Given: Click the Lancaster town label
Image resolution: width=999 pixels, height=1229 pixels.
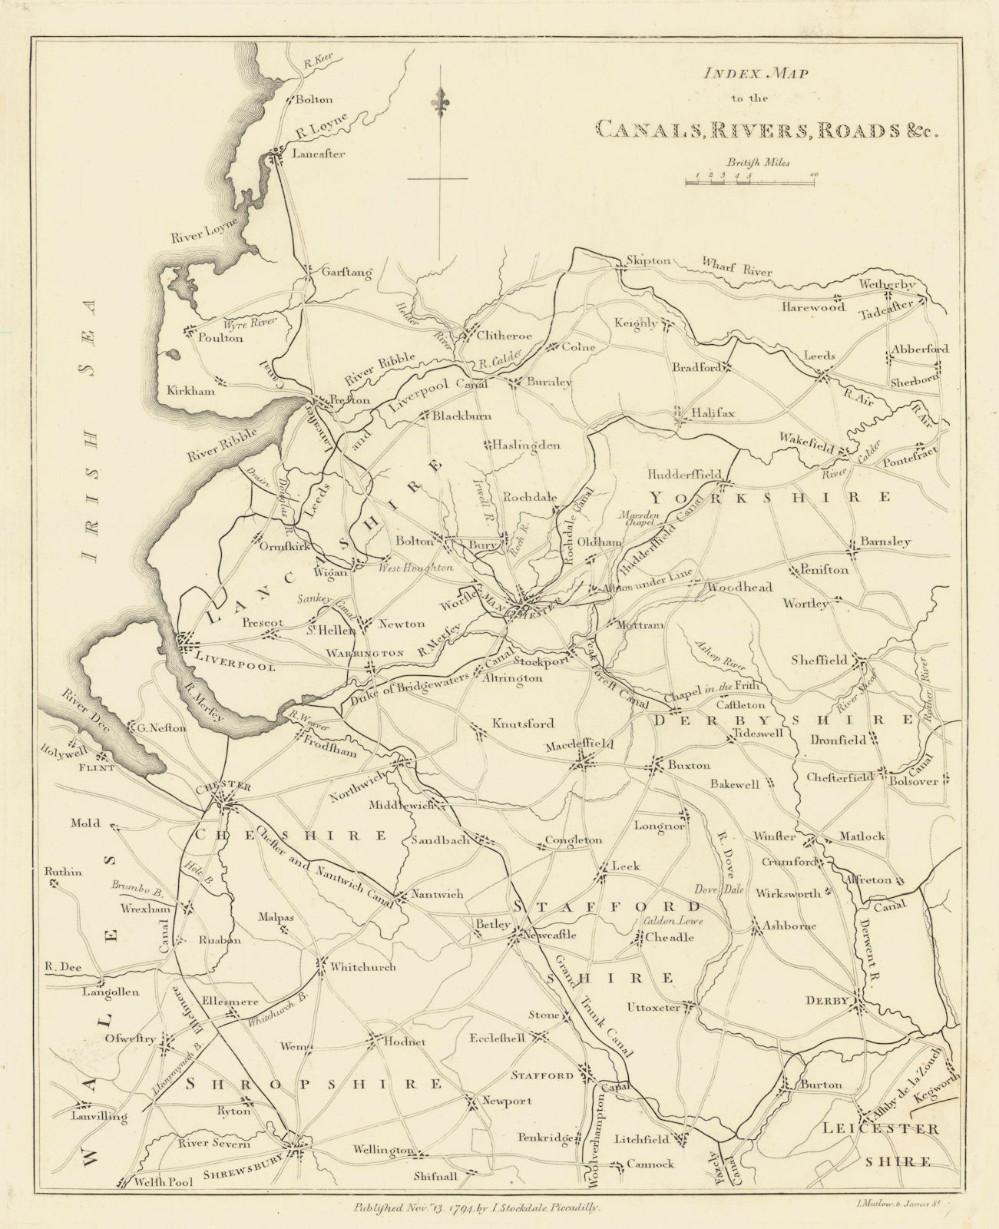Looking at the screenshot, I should (319, 154).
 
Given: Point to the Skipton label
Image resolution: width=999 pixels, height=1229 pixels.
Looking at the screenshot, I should (649, 260).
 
